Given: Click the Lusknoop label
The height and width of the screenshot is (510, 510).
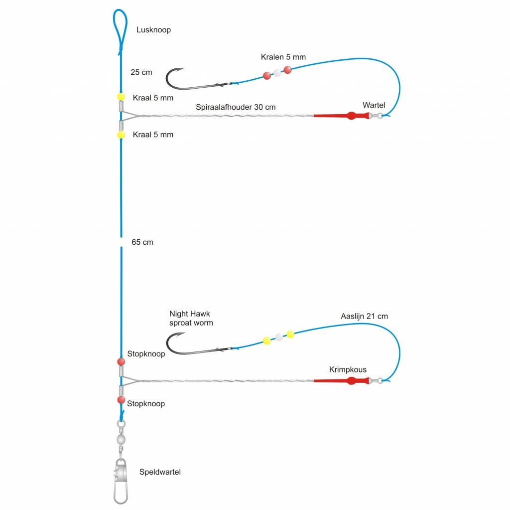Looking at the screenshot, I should click(153, 30).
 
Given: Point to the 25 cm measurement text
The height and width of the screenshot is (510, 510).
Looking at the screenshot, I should click(141, 72).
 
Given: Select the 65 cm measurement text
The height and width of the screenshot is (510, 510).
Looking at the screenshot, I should click(142, 242).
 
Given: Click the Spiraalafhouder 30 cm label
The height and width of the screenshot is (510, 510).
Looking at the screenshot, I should click(236, 107).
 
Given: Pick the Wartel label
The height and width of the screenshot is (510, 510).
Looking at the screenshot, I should click(374, 105).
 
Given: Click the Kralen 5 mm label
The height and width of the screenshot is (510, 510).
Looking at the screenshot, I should click(283, 57).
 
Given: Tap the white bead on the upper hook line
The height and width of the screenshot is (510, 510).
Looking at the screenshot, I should click(277, 73).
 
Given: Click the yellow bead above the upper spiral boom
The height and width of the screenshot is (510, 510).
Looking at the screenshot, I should click(121, 97).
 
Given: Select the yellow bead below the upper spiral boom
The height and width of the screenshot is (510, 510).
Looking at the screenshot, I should click(121, 135).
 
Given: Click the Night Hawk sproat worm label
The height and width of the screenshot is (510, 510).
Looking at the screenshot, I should click(191, 319).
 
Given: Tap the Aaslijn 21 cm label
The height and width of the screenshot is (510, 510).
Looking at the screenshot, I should click(364, 316).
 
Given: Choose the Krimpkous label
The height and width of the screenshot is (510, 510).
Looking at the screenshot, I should click(348, 370).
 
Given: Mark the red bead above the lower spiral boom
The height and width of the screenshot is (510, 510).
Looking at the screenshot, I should click(121, 361).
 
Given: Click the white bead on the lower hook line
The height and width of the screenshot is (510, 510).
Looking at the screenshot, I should click(279, 337).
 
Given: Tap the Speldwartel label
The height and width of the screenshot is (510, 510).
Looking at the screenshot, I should click(160, 472).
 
